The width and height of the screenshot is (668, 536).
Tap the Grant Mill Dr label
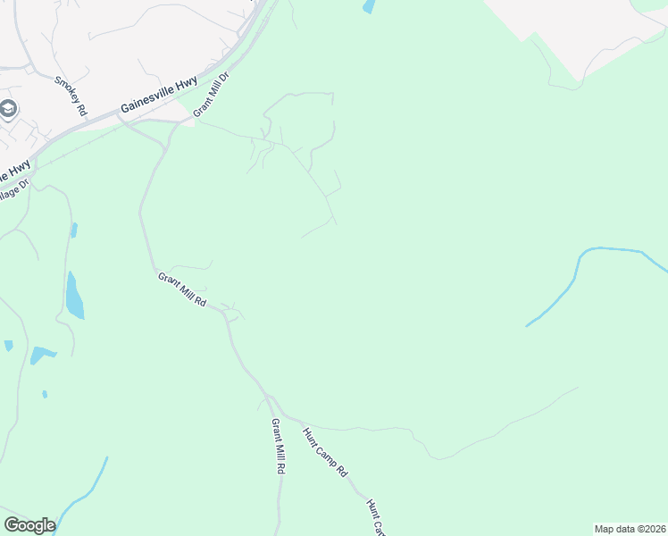click(x=212, y=93)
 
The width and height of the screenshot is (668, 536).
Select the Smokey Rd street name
click(x=70, y=96)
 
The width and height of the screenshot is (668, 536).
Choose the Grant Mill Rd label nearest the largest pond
click(x=182, y=290)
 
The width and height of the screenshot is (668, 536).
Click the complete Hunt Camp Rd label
click(x=324, y=452)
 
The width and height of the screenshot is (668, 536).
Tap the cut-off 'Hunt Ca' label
click(x=376, y=517)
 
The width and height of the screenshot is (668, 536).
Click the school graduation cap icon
click(x=9, y=109)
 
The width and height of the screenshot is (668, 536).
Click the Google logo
click(x=29, y=525)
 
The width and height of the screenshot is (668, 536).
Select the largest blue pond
click(x=74, y=297)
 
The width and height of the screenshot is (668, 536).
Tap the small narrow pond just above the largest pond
click(x=74, y=230)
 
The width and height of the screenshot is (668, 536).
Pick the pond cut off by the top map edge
click(x=368, y=6)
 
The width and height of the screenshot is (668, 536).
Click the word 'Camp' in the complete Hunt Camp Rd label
click(x=325, y=453)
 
